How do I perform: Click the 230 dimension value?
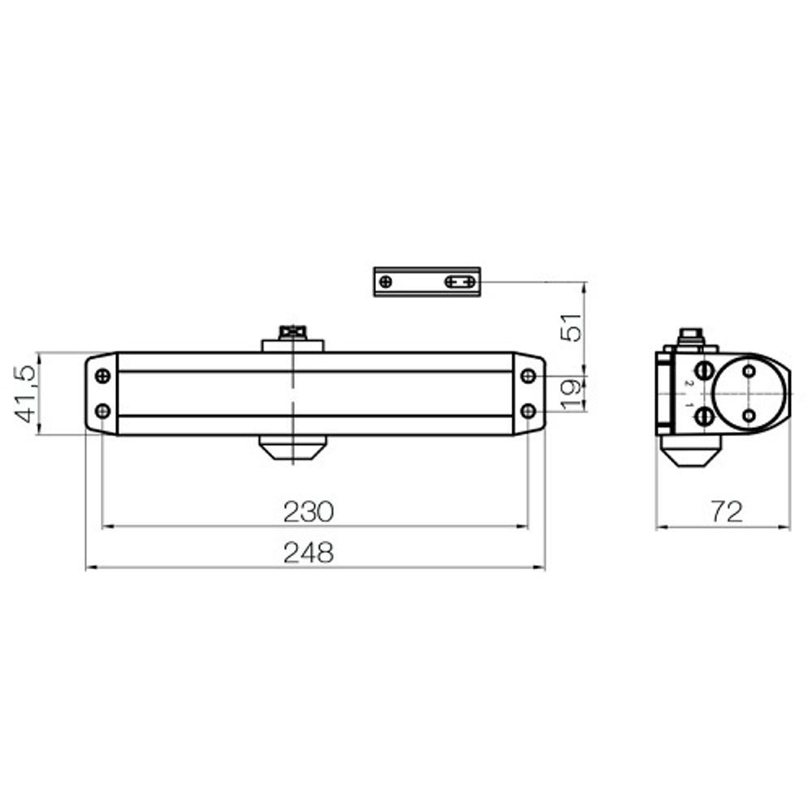pos(309,512)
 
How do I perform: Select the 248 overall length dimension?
pos(309,553)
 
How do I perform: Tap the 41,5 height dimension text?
pos(25,393)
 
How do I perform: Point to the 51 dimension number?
pos(573,327)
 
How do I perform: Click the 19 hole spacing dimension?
pos(573,393)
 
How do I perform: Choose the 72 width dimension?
pos(726,512)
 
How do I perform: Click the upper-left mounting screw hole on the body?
pos(102,376)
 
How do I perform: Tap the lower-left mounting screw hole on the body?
pos(102,411)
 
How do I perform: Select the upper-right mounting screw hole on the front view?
pos(528,376)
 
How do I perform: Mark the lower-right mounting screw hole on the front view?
pos(528,411)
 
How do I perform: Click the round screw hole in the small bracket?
pos(386,282)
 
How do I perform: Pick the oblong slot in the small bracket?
pos(460,282)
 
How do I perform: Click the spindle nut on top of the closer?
pos(292,332)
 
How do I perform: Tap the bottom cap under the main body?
pos(292,447)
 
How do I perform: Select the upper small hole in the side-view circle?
pos(749,371)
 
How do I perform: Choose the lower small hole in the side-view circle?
pos(749,416)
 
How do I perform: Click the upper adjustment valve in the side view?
pos(705,370)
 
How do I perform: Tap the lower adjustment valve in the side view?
pos(705,417)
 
